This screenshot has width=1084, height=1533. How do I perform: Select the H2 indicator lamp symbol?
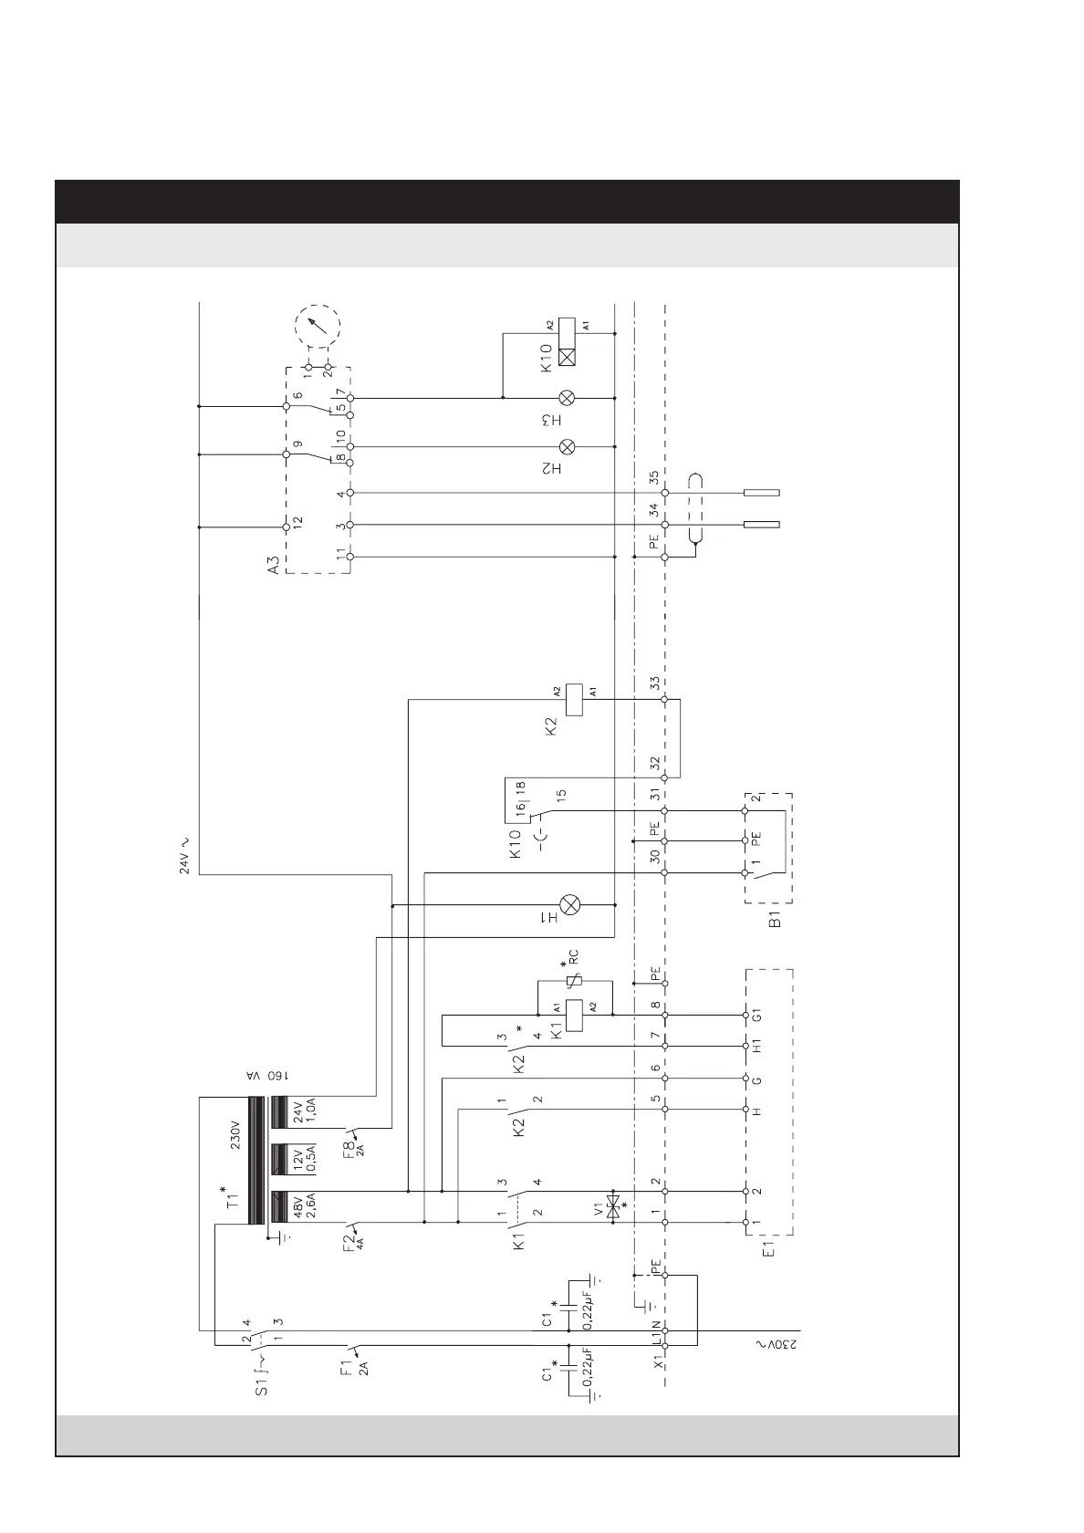[567, 446]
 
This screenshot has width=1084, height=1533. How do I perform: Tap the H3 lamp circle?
[567, 398]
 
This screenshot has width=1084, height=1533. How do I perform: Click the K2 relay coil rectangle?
[575, 699]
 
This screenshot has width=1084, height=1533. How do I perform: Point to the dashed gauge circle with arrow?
[317, 327]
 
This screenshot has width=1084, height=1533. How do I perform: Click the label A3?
[274, 566]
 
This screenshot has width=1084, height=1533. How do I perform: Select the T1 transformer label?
[234, 1197]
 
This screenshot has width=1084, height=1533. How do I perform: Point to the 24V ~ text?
[184, 854]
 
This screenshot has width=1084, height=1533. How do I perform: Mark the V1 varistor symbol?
[615, 1206]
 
